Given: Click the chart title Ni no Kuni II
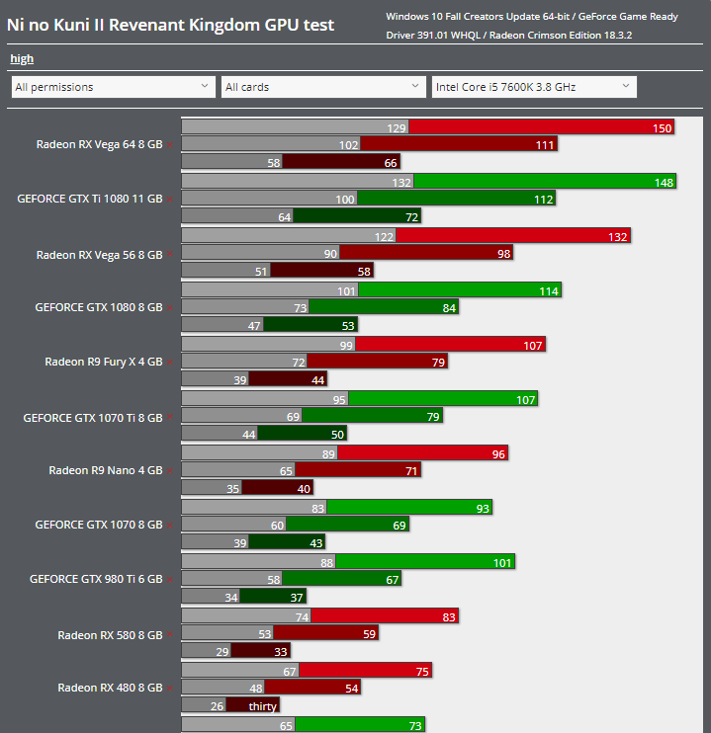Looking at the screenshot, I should tap(170, 25).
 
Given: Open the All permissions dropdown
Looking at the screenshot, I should tap(113, 87).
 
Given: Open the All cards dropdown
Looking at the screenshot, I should tap(323, 87).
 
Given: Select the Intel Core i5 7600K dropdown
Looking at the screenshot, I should tap(533, 87).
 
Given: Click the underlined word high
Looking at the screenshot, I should tap(22, 59).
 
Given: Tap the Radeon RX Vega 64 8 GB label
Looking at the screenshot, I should tap(99, 144).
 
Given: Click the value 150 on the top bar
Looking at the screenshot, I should tap(662, 128).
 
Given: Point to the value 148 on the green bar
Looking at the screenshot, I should tap(664, 182).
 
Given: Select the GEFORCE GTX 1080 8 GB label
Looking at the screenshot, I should tap(98, 307).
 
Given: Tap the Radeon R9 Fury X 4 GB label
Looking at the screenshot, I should tap(103, 362).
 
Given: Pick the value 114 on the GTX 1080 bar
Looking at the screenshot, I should tap(549, 290).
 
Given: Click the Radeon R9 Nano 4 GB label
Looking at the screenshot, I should tap(105, 470).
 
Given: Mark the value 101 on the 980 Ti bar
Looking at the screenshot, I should tap(502, 563).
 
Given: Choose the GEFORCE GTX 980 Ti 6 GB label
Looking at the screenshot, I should tap(96, 579).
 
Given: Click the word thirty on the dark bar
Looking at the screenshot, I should tap(262, 706).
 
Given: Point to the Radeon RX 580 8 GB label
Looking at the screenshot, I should tap(110, 635).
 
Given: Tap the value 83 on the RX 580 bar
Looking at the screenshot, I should tap(448, 616).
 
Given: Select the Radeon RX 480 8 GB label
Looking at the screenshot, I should tap(110, 688).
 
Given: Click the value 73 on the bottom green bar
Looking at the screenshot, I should tap(415, 726).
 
